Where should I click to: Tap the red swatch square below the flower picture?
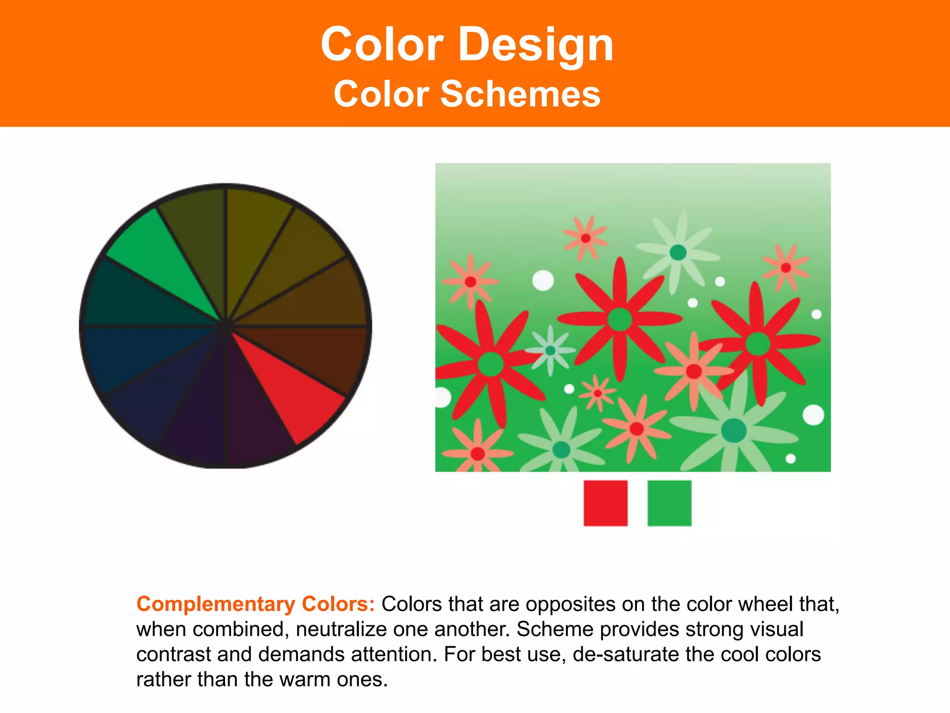tap(605, 503)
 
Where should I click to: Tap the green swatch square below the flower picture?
tap(669, 503)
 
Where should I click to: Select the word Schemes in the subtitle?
tap(520, 94)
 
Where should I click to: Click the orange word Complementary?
tap(216, 604)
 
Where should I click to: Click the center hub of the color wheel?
tap(225, 326)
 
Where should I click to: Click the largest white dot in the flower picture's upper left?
tap(543, 280)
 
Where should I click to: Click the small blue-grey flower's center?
tap(550, 350)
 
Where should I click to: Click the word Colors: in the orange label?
tap(338, 604)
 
